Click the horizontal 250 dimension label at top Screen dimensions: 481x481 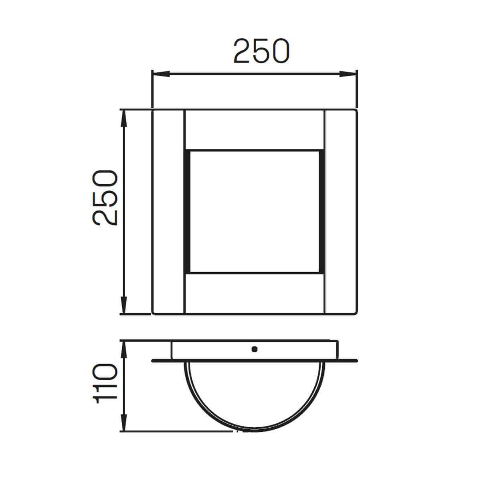(261, 51)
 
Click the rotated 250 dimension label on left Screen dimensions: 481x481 (105, 198)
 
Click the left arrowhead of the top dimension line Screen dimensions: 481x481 (161, 74)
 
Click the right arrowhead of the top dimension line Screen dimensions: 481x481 (348, 74)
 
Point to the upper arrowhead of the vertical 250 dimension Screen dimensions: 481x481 (124, 118)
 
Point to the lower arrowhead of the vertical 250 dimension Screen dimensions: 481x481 (124, 305)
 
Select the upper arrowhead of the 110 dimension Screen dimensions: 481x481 (124, 350)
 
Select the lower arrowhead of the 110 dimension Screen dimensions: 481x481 (124, 422)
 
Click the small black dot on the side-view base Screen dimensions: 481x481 (255, 349)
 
